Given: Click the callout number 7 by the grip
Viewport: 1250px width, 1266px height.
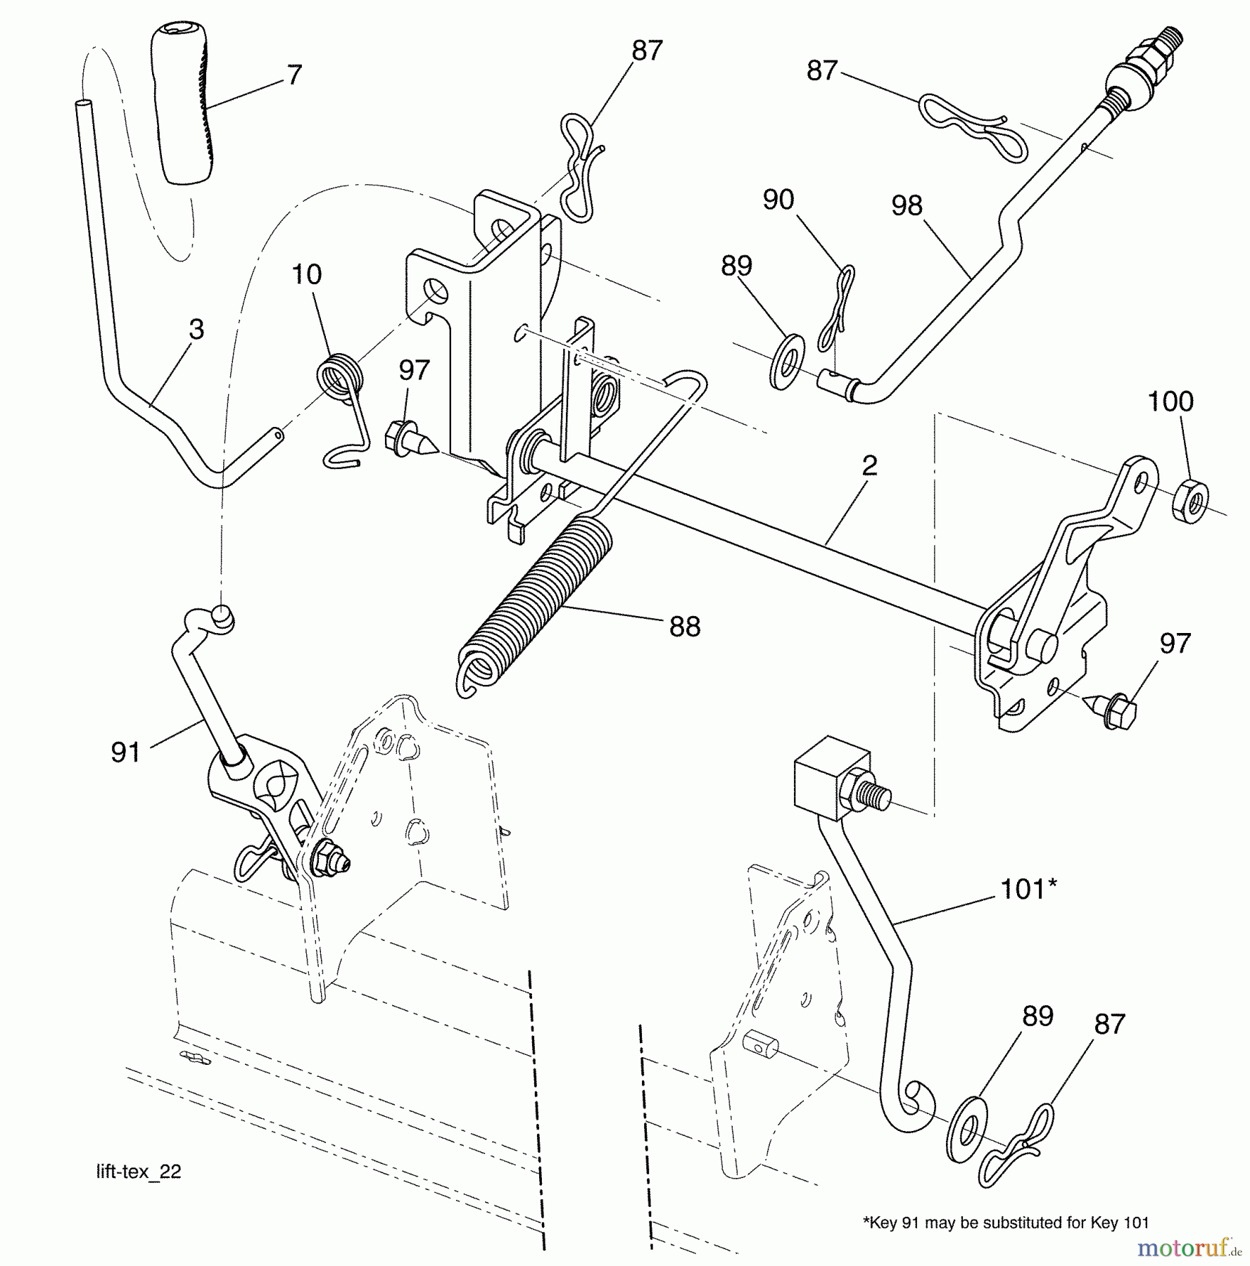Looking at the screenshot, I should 295,75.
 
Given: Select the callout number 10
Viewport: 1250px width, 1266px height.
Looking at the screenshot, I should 306,274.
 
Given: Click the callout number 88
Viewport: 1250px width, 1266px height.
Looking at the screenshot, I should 684,627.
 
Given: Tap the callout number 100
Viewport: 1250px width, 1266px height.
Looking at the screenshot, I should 1170,402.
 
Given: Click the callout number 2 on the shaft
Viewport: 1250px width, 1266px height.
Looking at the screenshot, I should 870,466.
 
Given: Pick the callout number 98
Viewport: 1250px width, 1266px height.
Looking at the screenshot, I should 907,205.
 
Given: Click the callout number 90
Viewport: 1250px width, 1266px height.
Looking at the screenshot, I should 778,200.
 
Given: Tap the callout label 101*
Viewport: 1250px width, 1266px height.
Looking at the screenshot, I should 1028,889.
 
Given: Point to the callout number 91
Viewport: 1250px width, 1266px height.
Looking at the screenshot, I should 125,753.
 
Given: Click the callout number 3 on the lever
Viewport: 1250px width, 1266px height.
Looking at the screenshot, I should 196,329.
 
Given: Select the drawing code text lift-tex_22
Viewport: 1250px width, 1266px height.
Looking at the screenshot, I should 139,1172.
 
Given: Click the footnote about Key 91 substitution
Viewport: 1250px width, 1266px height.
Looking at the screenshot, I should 1006,1222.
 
